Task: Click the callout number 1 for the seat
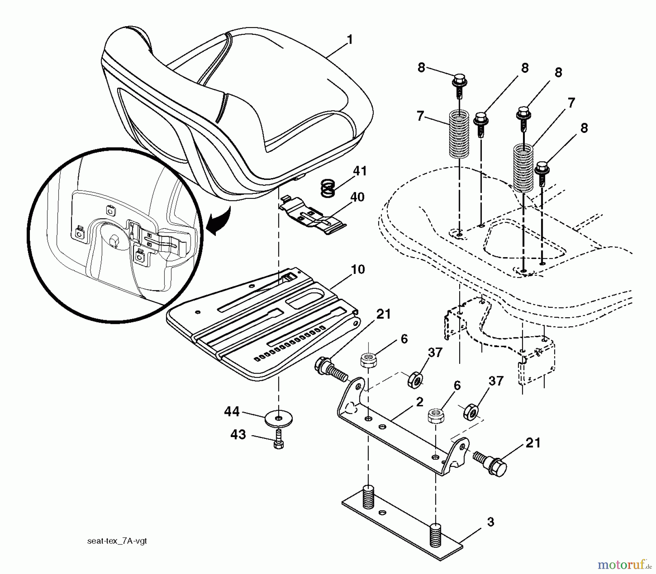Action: (x=350, y=40)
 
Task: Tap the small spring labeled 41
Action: (x=328, y=188)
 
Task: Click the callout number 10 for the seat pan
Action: (x=358, y=270)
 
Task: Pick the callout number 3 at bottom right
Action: (x=491, y=522)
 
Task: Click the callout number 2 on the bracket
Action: (x=419, y=402)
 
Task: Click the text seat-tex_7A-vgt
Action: (x=117, y=541)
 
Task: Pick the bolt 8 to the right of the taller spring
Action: (x=542, y=170)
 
